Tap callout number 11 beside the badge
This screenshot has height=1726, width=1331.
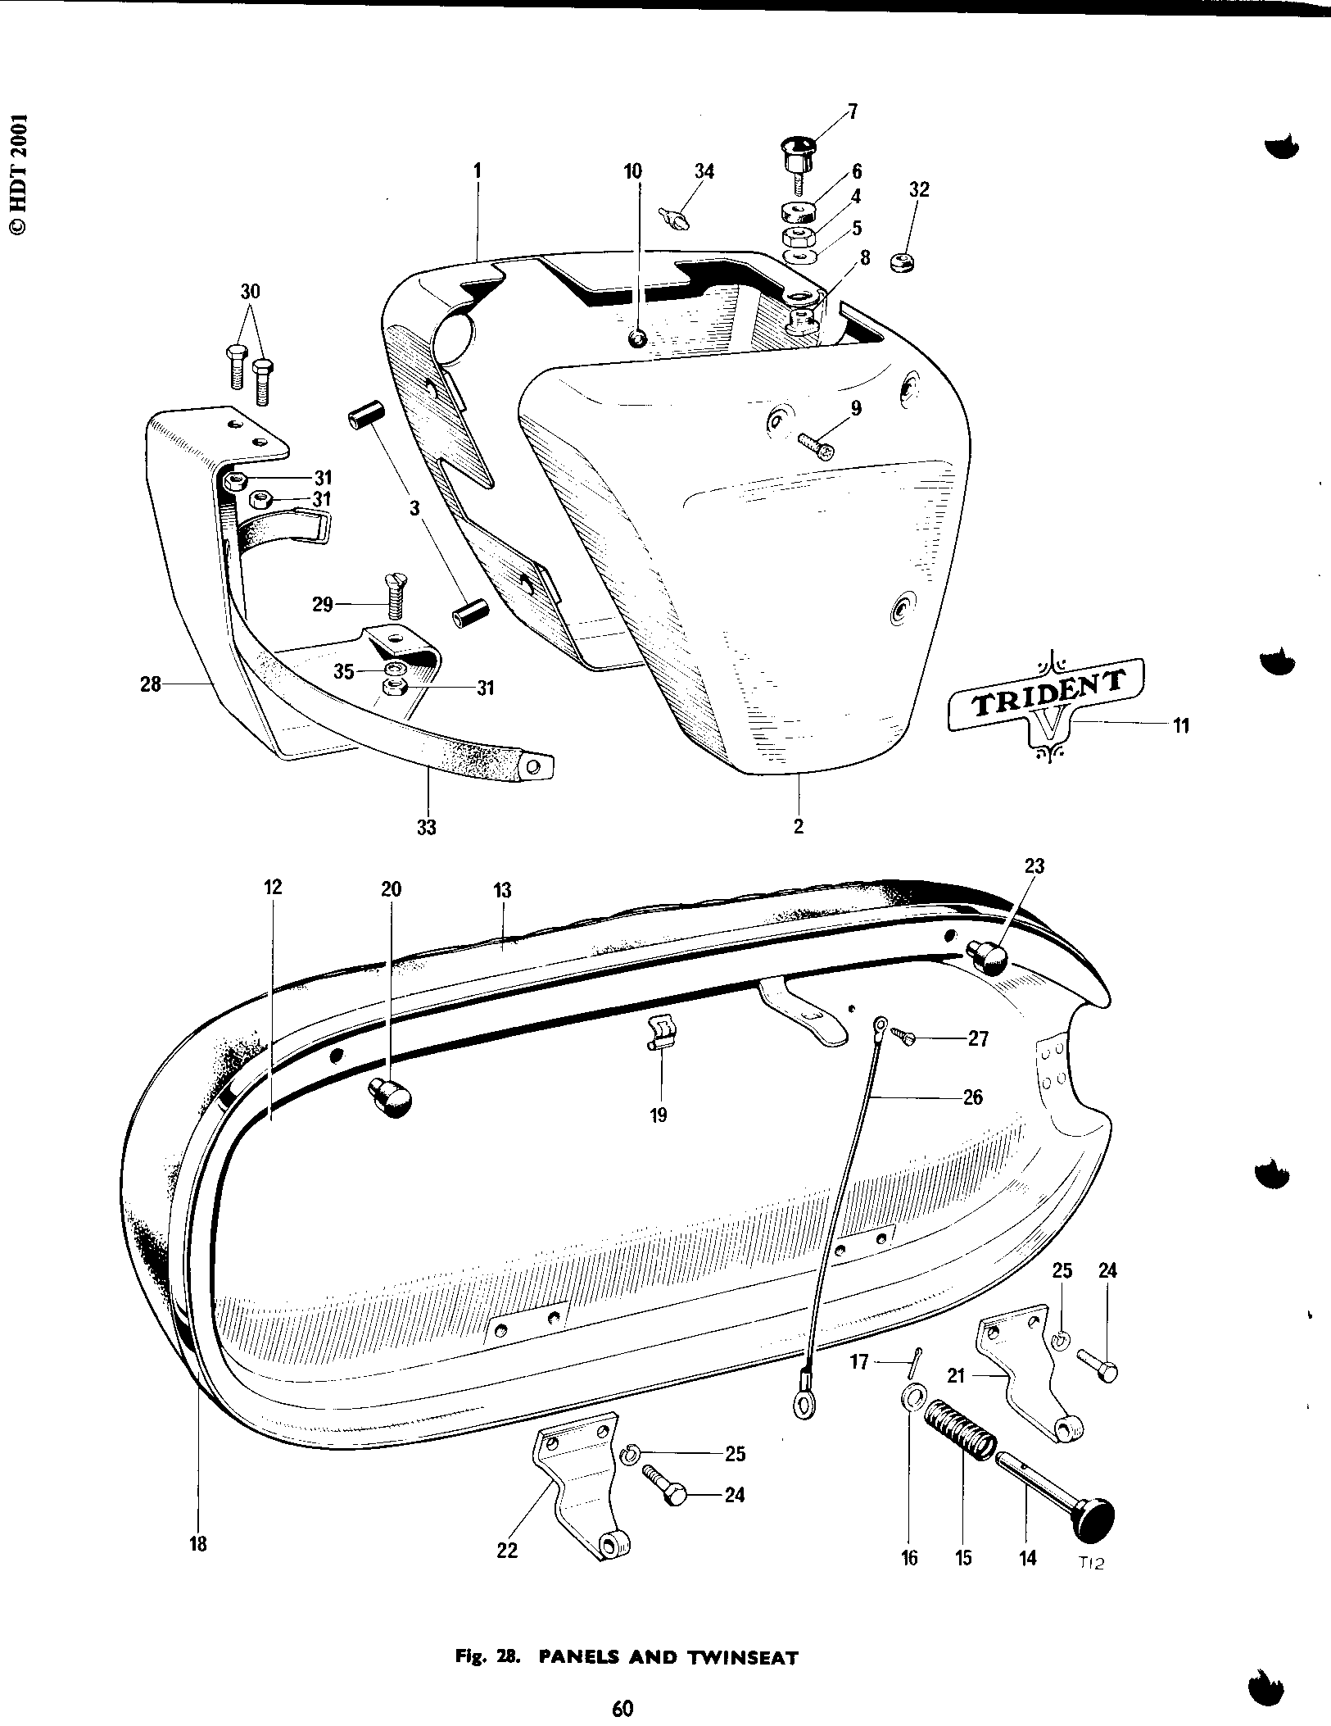(x=1180, y=724)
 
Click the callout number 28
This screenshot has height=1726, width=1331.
(x=151, y=682)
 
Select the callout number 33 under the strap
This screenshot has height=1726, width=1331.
(x=426, y=827)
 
